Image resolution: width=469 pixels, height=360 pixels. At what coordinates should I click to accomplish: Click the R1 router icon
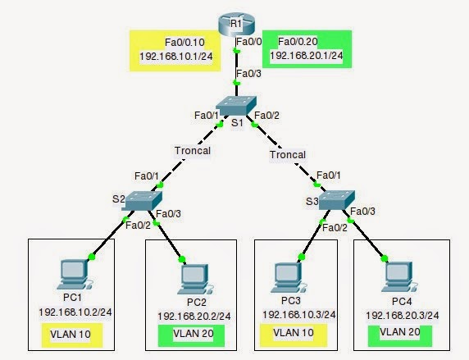click(234, 22)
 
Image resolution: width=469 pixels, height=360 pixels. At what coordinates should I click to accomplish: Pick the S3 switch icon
click(337, 199)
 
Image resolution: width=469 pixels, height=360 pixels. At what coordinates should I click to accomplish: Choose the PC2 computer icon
click(193, 277)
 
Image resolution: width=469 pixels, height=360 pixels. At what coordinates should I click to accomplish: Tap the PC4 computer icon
click(396, 276)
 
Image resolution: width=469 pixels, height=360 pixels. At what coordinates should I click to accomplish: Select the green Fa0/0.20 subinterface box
click(307, 48)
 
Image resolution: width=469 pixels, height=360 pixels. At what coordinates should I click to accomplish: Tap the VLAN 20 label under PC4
click(400, 335)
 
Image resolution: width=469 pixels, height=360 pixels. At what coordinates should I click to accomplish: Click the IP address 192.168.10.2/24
click(73, 312)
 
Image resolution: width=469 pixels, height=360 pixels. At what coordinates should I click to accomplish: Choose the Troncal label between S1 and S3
click(289, 153)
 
